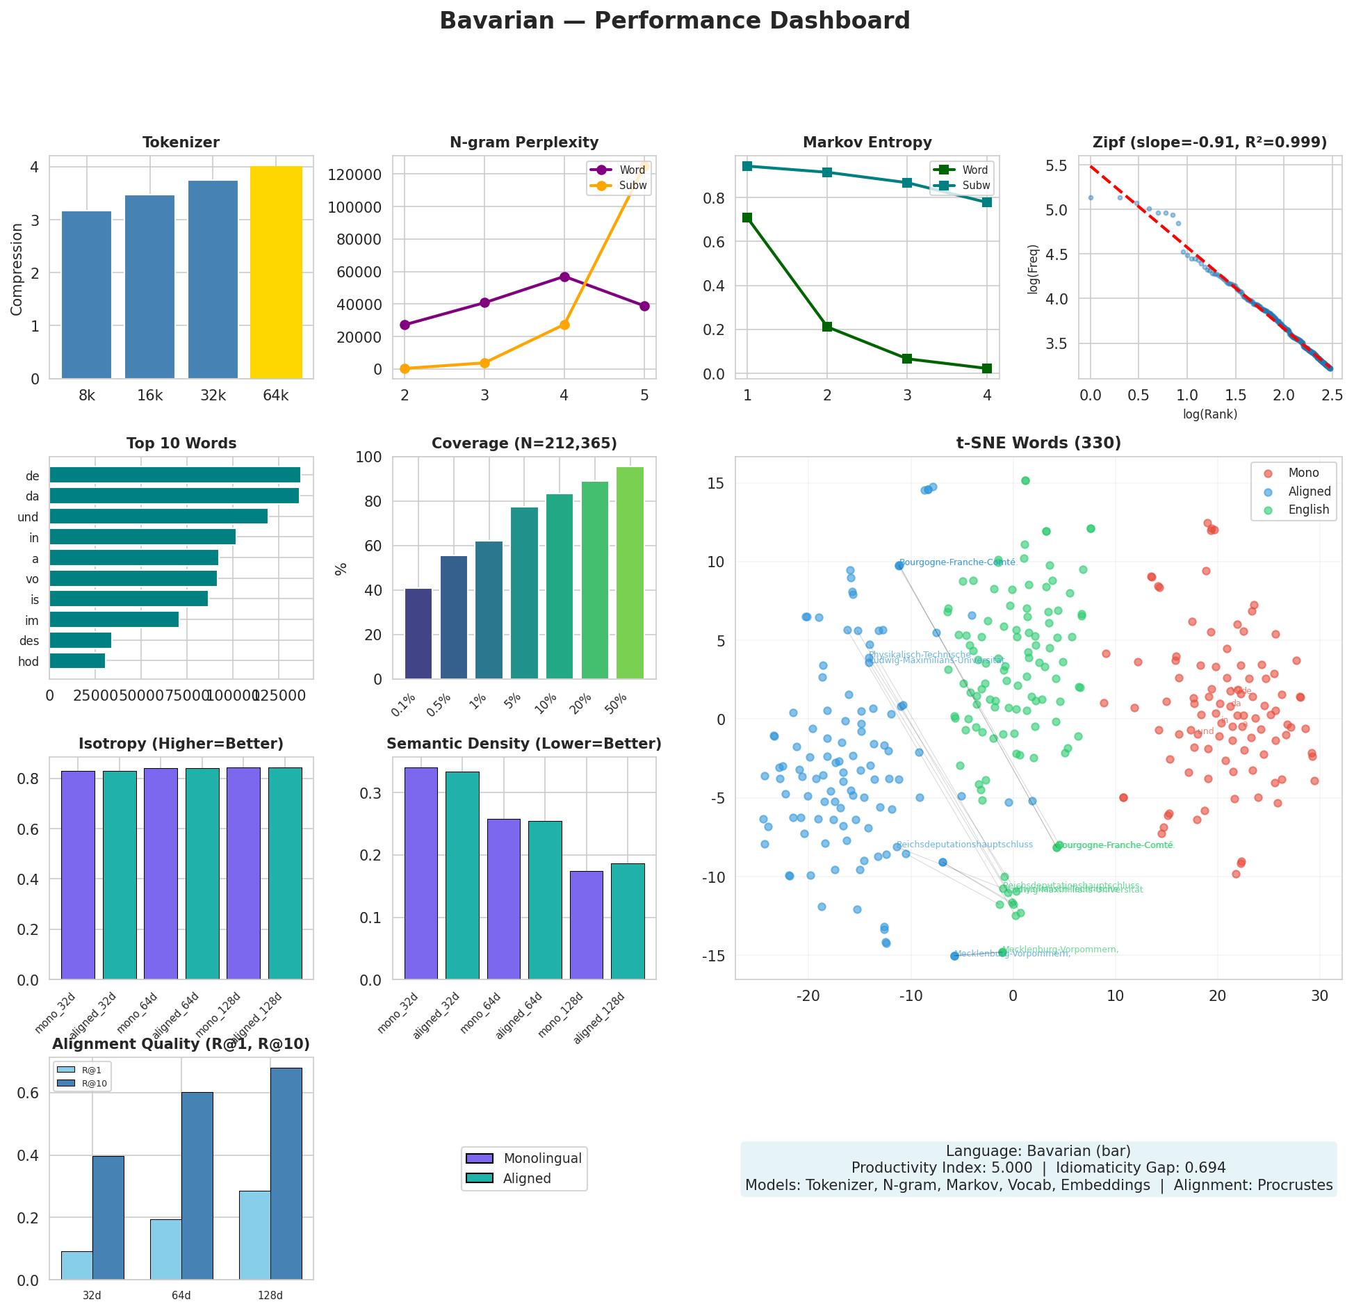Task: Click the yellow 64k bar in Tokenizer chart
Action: click(x=276, y=272)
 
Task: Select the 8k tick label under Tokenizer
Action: click(x=87, y=396)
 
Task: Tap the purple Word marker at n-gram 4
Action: click(x=564, y=277)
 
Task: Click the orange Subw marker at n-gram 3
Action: click(x=484, y=363)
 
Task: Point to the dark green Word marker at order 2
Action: click(x=827, y=327)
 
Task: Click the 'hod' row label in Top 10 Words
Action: click(x=28, y=662)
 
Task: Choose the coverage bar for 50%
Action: click(x=630, y=573)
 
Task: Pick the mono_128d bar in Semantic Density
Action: click(x=586, y=925)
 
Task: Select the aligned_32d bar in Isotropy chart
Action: click(x=120, y=875)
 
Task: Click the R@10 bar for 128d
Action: click(x=286, y=1174)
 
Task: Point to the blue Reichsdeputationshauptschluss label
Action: click(x=964, y=845)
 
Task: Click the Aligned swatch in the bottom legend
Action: click(x=480, y=1178)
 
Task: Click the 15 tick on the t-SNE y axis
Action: click(x=717, y=483)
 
